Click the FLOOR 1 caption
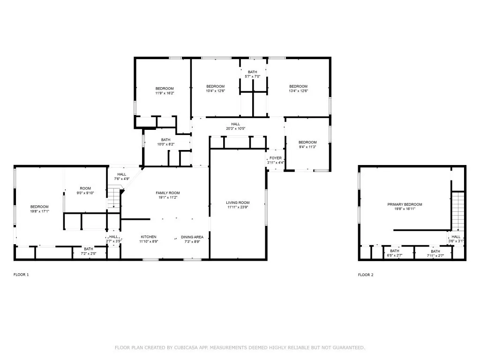click(x=21, y=275)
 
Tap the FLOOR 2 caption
click(x=366, y=275)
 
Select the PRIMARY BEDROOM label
click(x=405, y=204)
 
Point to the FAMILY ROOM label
click(x=168, y=193)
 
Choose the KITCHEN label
click(x=149, y=237)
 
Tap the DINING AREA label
click(x=192, y=237)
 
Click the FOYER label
click(x=275, y=158)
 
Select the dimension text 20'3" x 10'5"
click(x=235, y=128)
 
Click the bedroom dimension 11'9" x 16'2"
click(x=165, y=93)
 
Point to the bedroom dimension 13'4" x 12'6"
click(x=298, y=91)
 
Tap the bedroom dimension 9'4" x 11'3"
click(x=307, y=147)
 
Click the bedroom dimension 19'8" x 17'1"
click(x=39, y=211)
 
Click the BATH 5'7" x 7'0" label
click(x=252, y=74)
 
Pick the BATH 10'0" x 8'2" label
click(x=165, y=142)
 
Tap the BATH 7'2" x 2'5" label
click(x=89, y=251)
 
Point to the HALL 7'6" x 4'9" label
click(x=122, y=177)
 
